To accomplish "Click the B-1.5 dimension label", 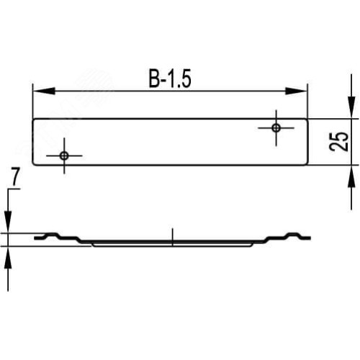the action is [x=170, y=78].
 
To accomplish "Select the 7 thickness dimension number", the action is [x=15, y=178].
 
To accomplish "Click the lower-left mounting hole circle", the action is [x=64, y=156].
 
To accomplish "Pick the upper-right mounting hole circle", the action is [x=276, y=127].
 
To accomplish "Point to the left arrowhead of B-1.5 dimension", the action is [x=44, y=91].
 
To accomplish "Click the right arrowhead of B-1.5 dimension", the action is [x=296, y=91].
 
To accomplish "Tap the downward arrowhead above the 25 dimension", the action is [x=351, y=107].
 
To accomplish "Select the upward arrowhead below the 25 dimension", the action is [x=351, y=176].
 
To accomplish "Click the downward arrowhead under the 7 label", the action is [x=8, y=222].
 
